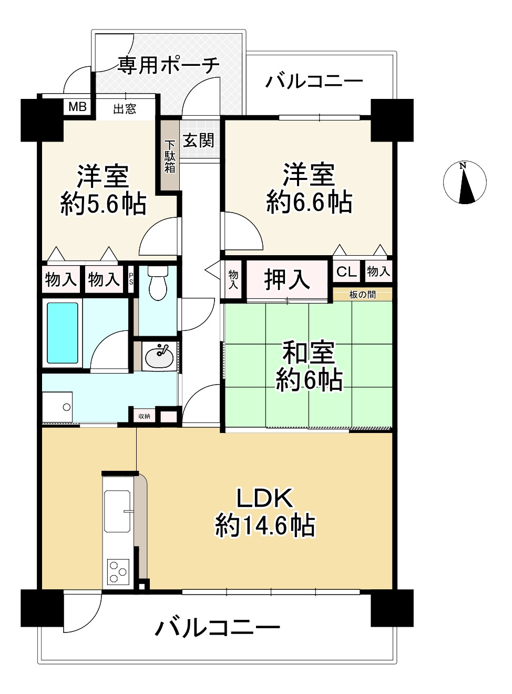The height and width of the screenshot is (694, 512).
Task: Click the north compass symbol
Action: point(465,183)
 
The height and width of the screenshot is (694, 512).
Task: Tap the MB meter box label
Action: point(77,107)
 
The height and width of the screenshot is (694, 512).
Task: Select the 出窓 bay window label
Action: point(125,109)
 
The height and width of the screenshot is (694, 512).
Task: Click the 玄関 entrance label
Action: point(198,140)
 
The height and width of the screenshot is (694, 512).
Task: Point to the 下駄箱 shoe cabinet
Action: point(170,156)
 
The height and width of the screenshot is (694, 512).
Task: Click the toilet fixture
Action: point(158,284)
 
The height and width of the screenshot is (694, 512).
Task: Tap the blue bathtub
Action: point(63,333)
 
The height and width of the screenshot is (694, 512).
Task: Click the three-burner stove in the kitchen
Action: point(118,571)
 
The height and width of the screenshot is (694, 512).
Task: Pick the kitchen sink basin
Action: point(117,511)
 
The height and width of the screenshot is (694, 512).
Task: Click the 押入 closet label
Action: point(287,279)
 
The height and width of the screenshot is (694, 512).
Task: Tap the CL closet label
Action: point(346,271)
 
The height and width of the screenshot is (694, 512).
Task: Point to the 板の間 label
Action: point(363,295)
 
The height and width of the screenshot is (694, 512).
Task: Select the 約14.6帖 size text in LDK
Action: point(265,526)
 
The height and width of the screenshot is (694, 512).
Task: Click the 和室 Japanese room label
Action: point(309,352)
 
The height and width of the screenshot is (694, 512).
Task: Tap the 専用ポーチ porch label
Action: point(168,65)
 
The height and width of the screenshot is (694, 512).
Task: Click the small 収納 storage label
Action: point(144,416)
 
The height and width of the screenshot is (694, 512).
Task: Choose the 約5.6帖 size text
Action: point(103,204)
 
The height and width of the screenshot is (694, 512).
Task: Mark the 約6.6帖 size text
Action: point(309,202)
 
